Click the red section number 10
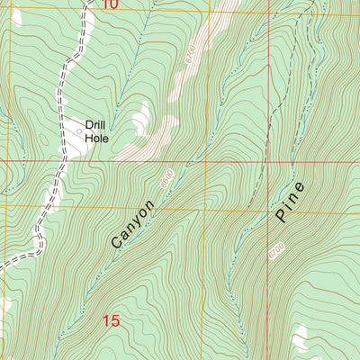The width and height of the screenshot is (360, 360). coord(109,5)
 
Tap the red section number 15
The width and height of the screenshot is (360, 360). coord(111,320)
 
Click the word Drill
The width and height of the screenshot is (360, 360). coord(95,125)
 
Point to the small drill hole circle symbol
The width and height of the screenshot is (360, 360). coord(79,131)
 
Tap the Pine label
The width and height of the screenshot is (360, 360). coord(290,202)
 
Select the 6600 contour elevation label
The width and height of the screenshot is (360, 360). coord(166,181)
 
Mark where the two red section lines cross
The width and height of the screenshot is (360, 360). coord(205,162)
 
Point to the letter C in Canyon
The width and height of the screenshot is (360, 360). coord(116,244)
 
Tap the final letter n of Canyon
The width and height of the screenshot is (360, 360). coord(150,205)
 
